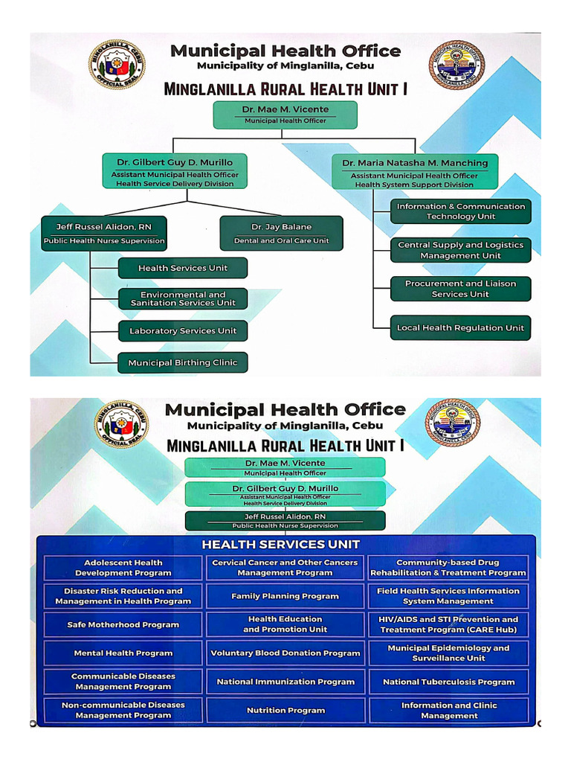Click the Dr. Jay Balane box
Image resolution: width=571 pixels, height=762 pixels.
coord(282,233)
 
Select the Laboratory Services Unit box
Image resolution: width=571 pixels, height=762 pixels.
coord(183,331)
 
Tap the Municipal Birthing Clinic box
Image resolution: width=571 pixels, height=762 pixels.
coord(183,363)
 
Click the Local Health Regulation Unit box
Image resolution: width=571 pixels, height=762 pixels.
coord(460,327)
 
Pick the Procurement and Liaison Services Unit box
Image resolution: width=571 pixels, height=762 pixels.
coord(460,289)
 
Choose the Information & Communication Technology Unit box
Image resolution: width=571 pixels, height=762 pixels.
coord(460,211)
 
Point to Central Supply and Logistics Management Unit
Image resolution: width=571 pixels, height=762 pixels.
coord(460,250)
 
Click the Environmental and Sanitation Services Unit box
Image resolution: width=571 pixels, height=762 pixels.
coord(183,298)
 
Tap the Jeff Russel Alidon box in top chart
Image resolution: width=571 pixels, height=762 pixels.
coord(104,234)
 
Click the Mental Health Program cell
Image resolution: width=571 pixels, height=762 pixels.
coord(123,653)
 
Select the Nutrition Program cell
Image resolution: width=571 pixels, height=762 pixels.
coord(285,710)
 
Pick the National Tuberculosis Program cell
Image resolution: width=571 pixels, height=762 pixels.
coord(448,682)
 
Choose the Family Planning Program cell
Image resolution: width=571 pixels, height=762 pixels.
coord(285,596)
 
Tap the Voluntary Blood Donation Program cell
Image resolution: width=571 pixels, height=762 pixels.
coord(285,653)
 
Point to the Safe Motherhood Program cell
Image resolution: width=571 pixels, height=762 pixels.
coord(123,625)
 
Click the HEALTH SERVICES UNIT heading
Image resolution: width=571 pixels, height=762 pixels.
coord(281,545)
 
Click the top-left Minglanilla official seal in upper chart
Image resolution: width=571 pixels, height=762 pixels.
coord(117,64)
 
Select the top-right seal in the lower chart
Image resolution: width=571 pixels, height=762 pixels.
coord(452,422)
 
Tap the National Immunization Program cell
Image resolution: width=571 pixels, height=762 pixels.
coord(285,682)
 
